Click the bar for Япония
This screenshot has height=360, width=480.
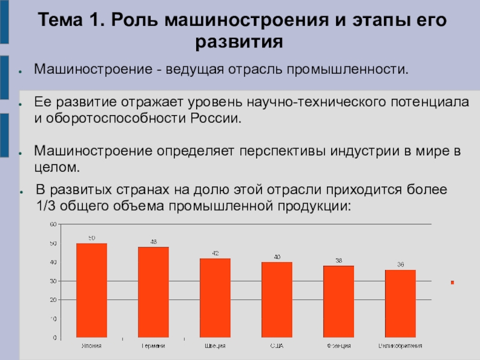click(x=92, y=290)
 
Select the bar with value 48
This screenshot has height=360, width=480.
click(x=154, y=292)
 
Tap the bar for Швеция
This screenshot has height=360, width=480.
click(x=215, y=298)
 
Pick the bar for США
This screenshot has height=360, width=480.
click(x=277, y=300)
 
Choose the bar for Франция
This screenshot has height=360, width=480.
click(x=338, y=302)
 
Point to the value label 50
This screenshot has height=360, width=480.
click(x=92, y=238)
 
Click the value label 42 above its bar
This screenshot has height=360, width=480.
click(x=215, y=253)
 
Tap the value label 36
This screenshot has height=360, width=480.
click(x=400, y=265)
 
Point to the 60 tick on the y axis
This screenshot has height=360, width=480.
click(x=53, y=224)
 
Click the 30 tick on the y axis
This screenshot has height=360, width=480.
click(x=53, y=281)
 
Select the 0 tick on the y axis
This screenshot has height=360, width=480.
click(x=55, y=338)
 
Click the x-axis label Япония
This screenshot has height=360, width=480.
click(x=91, y=346)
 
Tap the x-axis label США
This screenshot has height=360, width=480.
click(x=277, y=346)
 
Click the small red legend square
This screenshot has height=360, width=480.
click(x=452, y=282)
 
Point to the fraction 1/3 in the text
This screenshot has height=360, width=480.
click(x=44, y=205)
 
